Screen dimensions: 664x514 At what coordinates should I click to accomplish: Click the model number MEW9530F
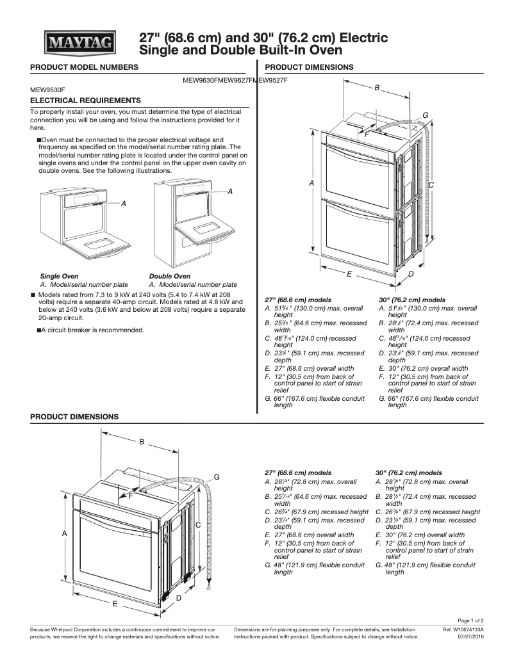pos(47,91)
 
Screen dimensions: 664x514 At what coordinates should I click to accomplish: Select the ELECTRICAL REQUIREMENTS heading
pos(85,101)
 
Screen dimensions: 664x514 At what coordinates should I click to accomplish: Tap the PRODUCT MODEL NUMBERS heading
pos(84,67)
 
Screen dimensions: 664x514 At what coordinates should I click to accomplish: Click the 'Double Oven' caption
pos(169,277)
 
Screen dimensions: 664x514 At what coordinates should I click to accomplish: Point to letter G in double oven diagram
pos(425,115)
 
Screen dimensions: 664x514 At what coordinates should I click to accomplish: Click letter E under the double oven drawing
pos(349,273)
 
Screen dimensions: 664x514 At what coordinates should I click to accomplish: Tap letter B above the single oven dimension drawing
pos(142,441)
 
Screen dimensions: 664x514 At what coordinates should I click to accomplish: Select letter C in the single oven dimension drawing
pos(199,525)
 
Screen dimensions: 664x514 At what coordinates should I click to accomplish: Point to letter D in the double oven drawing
pos(410,273)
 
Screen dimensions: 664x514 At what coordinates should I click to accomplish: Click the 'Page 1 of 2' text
pos(475,621)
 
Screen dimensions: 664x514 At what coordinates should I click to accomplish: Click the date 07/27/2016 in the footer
pos(471,637)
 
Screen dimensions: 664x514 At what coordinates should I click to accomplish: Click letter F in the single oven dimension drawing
pos(130,496)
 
